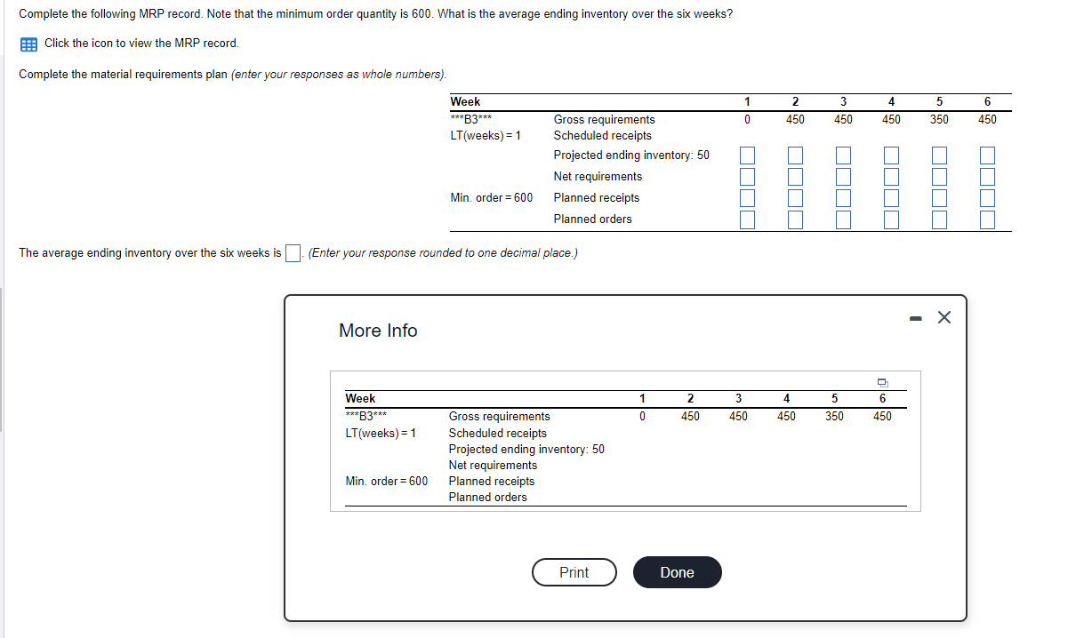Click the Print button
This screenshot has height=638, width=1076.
click(574, 573)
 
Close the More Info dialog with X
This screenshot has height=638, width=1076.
click(944, 318)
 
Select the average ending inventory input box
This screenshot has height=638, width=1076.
click(293, 253)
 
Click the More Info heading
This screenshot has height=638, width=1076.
click(378, 331)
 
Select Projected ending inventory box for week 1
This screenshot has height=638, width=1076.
click(747, 156)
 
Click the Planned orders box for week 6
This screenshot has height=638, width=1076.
click(987, 219)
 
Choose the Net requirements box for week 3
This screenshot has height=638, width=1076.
click(843, 177)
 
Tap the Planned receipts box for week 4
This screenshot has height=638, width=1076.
click(891, 198)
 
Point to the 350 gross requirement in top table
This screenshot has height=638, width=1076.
click(939, 119)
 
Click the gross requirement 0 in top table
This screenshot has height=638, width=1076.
click(747, 119)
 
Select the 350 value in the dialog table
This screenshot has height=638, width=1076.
click(834, 416)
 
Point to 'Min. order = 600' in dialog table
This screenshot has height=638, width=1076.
click(386, 481)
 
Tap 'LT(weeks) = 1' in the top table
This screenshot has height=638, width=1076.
click(486, 136)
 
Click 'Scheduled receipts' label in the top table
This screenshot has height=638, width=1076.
click(602, 136)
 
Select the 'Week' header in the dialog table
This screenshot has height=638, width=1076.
click(360, 399)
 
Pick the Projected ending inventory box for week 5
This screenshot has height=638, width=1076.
click(939, 156)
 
